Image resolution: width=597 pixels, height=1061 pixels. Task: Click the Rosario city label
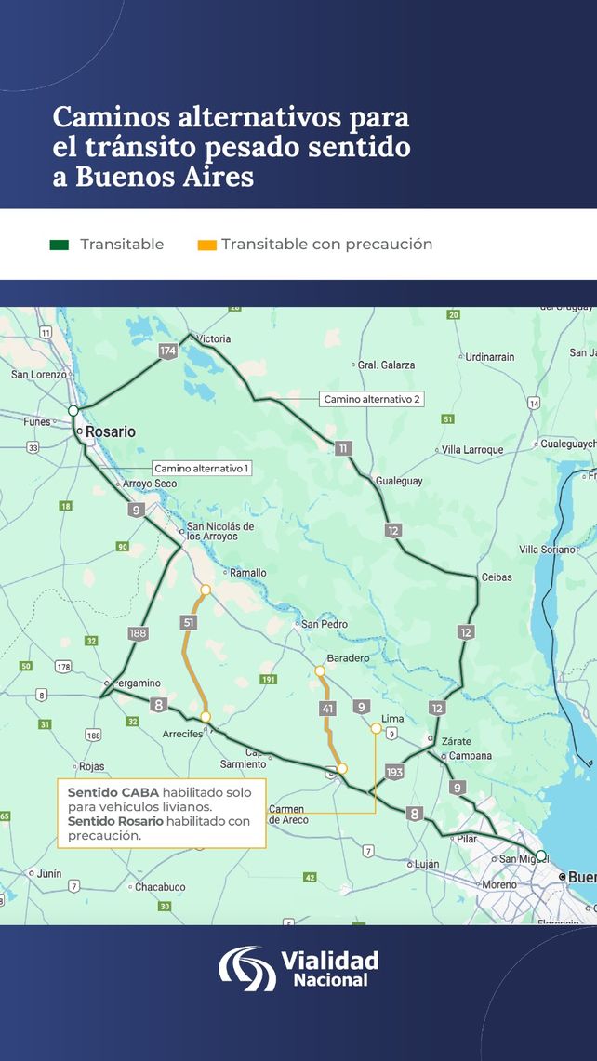[111, 431]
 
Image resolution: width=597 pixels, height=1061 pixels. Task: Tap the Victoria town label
[214, 338]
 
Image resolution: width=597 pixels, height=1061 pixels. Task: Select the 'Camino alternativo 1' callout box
[202, 469]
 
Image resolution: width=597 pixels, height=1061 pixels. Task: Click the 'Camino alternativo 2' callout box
[372, 399]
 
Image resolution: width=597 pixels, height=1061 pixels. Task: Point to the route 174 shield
[167, 351]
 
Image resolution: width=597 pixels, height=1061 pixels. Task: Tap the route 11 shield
[343, 448]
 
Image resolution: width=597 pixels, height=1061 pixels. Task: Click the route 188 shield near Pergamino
[138, 633]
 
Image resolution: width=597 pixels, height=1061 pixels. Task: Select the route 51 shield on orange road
[189, 622]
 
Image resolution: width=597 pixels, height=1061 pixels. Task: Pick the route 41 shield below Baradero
[327, 709]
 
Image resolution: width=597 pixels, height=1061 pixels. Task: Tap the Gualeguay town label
[399, 481]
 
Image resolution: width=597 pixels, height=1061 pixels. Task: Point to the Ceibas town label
[497, 577]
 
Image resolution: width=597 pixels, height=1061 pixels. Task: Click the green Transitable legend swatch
[60, 245]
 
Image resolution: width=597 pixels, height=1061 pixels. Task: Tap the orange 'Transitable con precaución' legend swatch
[206, 245]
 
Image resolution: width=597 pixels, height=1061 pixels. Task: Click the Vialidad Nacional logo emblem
[246, 968]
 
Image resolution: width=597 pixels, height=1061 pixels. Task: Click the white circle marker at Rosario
[73, 410]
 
